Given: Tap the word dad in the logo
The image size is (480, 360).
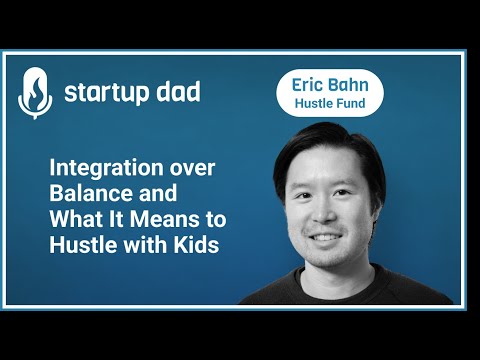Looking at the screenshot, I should [176, 93].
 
